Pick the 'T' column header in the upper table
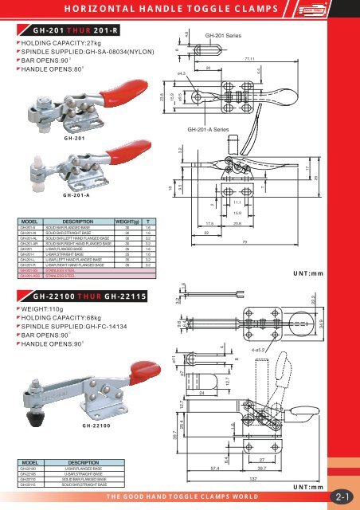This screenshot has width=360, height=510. pyautogui.click(x=148, y=220)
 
